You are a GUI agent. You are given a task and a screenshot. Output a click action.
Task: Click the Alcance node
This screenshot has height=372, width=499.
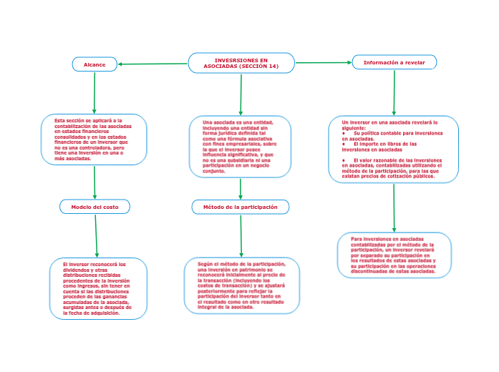pos(95,64)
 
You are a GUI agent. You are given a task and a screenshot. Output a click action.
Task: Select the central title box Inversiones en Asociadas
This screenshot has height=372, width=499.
pos(241,63)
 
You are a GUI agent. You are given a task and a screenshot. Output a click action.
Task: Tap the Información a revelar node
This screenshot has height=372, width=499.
pos(394,62)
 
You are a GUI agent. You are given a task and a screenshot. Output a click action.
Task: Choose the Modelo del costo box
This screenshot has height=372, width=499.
pos(95,207)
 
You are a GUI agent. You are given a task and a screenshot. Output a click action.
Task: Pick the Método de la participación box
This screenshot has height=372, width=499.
pos(241,207)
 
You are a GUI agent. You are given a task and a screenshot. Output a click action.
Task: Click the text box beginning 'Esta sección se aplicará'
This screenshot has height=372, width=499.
pos(94,139)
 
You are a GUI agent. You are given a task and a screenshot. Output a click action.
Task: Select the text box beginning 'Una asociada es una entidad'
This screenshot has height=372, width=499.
pos(241,147)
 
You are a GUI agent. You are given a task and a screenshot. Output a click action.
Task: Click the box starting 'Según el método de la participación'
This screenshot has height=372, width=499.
pos(241,286)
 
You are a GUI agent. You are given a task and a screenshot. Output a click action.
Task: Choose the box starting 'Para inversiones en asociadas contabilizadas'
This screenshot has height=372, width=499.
pos(394,255)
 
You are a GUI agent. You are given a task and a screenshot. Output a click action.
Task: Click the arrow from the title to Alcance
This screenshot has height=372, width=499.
pos(153,64)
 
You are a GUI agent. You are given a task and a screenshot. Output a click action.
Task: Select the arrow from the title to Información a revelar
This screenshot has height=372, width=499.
pos(323,63)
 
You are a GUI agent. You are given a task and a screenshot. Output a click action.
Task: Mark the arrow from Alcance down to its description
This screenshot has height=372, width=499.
pos(94,92)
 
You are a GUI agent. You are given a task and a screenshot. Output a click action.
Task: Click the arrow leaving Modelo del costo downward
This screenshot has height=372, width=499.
pos(97,235)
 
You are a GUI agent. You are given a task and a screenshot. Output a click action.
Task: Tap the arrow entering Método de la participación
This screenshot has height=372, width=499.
pos(240,188)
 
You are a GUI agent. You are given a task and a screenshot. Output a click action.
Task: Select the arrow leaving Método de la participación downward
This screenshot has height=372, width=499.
pos(241,235)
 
